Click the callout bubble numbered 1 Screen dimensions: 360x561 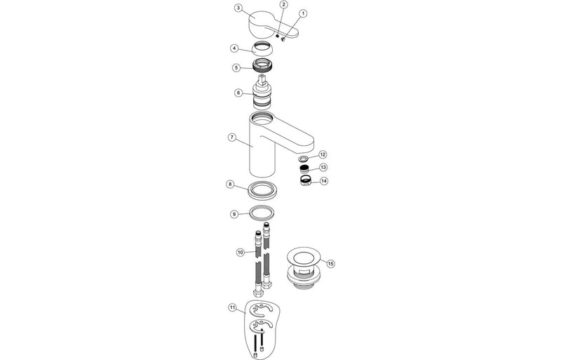coord(303,13)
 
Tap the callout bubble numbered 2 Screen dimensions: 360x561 coord(283,5)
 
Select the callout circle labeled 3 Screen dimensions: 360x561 coord(238,8)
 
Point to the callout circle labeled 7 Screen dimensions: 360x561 coord(231,138)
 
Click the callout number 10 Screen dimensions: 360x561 coord(240,251)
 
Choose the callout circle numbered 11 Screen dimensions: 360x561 coord(232,307)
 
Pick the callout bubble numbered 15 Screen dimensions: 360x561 coord(331,264)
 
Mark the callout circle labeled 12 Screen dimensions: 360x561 coord(323,154)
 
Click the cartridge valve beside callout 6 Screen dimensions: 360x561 coord(264,94)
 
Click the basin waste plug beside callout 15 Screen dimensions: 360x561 coord(304,265)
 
